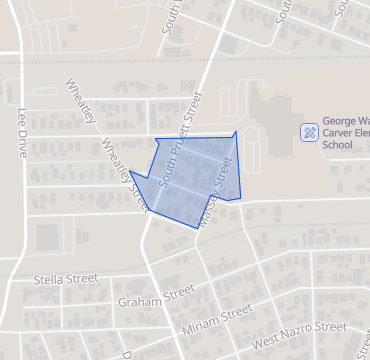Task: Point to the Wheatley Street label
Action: coord(125,173)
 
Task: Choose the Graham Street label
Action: coord(155,296)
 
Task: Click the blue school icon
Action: coord(310,131)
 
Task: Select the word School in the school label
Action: coord(338,145)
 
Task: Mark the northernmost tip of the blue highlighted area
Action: coord(236,131)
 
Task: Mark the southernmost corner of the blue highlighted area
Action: coord(196,228)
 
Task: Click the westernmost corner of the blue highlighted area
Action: coord(130,171)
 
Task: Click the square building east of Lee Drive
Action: coord(46,237)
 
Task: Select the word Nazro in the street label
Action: coord(301,334)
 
